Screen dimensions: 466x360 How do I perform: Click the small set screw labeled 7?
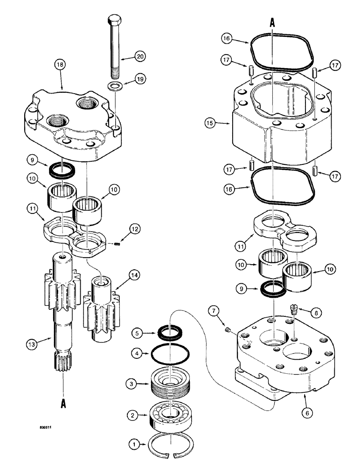pyautogui.click(x=228, y=331)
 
